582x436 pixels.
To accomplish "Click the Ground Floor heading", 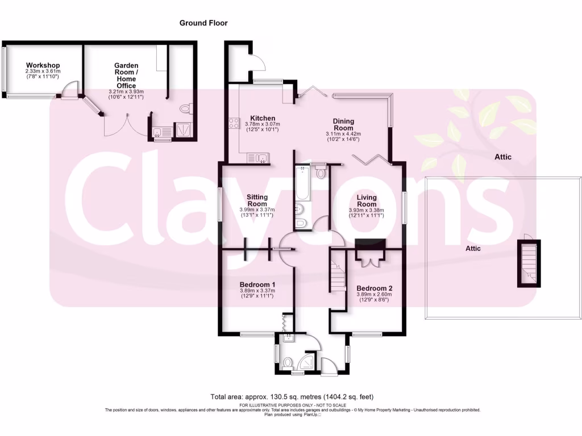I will tap(203, 23).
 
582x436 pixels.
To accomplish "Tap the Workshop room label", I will tap(43, 65).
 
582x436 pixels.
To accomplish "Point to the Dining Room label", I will tap(343, 124).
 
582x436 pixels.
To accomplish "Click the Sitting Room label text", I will tap(257, 200).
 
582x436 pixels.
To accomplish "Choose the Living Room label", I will tap(367, 200).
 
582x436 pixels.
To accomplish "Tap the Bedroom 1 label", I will tap(257, 285).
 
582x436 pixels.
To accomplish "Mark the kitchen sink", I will tap(259, 158).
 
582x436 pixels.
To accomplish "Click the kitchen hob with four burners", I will tap(234, 124).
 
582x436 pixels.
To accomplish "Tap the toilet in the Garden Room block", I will tap(184, 108).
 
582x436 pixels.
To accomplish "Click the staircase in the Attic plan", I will tap(529, 264).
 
